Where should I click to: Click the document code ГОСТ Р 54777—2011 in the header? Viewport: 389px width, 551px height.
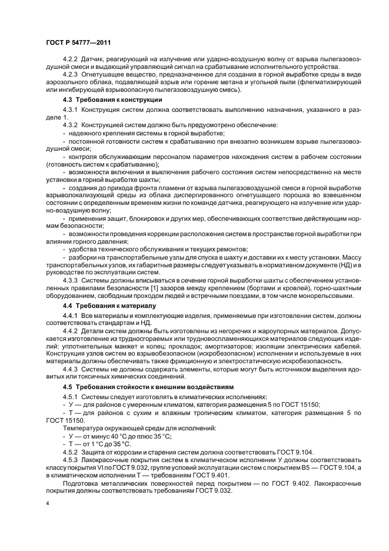point(79,43)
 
